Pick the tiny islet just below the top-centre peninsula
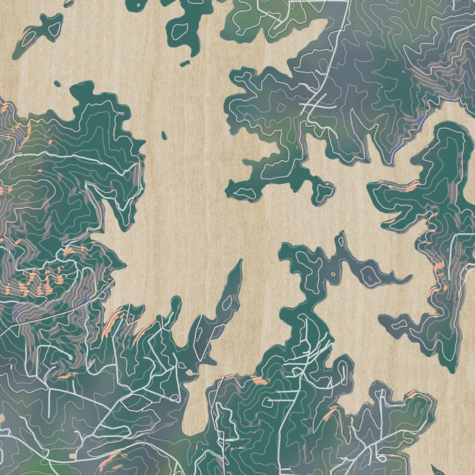coord(185,63)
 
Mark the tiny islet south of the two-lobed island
coord(57,83)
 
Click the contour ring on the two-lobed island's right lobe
coord(50,26)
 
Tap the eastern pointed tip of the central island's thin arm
coord(410,278)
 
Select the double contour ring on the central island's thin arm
coord(369,275)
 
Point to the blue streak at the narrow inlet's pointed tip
coord(421,122)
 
